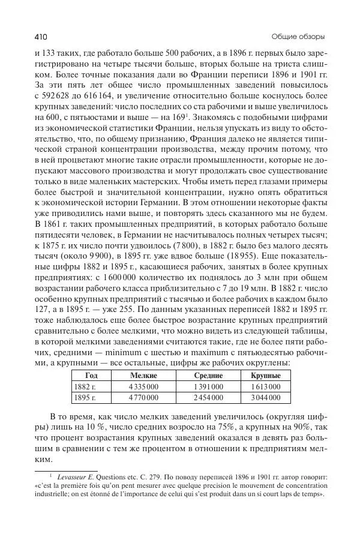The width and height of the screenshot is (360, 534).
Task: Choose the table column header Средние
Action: click(208, 375)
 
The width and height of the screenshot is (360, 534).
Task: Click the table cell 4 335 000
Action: click(144, 386)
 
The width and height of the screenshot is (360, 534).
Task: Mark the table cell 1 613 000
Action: click(265, 386)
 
